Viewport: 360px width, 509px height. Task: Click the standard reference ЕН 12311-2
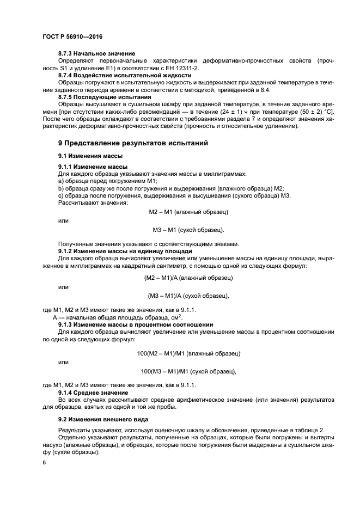click(181, 68)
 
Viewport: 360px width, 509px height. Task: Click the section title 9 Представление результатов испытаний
click(133, 143)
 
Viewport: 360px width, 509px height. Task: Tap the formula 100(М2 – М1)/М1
click(161, 353)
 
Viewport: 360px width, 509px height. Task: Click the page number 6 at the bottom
click(44, 463)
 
